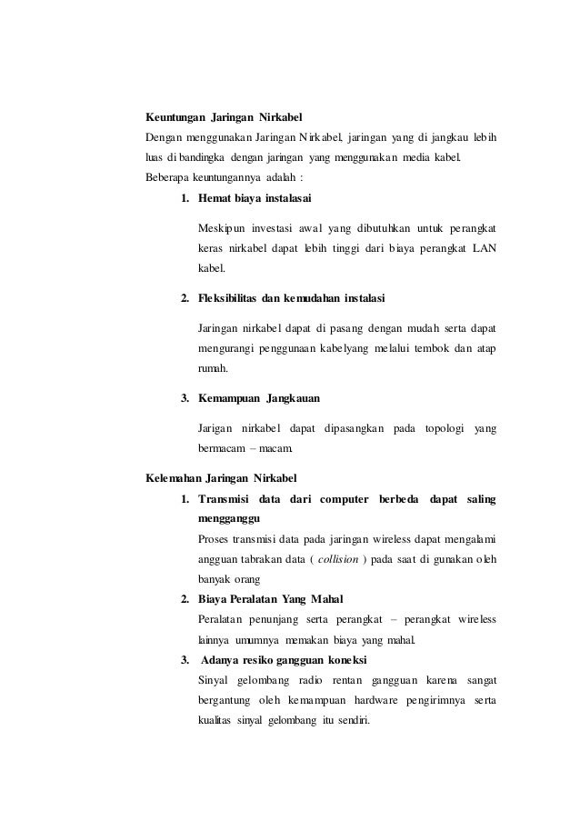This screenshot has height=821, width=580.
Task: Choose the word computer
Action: coord(340,498)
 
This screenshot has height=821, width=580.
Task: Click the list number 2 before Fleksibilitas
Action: coord(185,298)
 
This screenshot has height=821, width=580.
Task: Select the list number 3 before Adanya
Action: coord(185,659)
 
